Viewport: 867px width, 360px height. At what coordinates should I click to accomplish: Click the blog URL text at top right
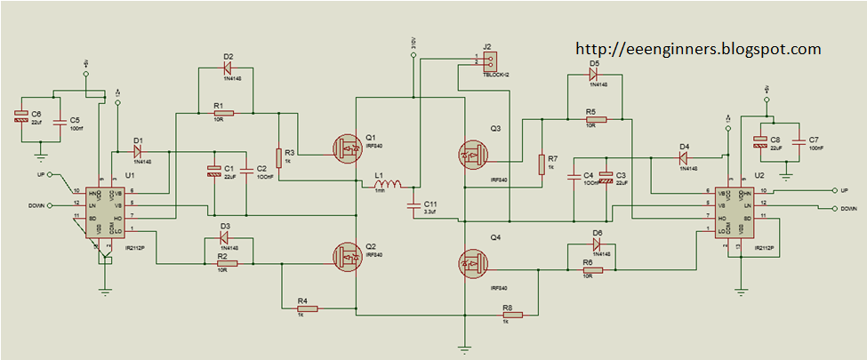pos(698,49)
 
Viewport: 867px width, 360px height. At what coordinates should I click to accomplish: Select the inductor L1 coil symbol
pos(389,187)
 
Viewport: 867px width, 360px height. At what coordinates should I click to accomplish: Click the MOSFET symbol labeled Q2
pos(346,257)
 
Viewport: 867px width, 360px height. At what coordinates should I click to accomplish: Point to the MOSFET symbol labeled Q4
pos(472,263)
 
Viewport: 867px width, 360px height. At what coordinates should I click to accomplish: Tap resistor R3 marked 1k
pos(278,157)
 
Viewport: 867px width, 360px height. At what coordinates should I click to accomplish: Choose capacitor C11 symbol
pos(411,205)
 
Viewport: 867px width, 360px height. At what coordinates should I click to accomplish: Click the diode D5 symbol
pos(593,76)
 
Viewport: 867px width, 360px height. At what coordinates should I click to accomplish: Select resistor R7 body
pos(541,164)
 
